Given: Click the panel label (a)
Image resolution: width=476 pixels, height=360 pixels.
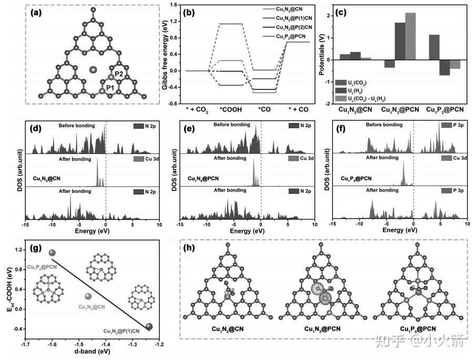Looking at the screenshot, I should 38,12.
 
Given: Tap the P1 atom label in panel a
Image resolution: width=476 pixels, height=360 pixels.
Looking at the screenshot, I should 110,87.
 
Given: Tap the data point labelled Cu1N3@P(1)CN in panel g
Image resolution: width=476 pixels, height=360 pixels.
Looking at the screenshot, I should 149,327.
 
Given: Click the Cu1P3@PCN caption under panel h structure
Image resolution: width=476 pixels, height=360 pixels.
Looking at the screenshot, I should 418,330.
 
